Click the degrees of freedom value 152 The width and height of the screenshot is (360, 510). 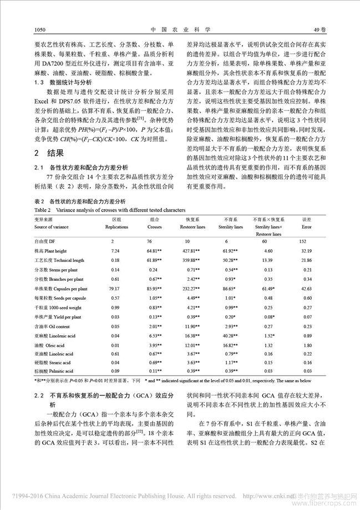coord(303,241)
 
